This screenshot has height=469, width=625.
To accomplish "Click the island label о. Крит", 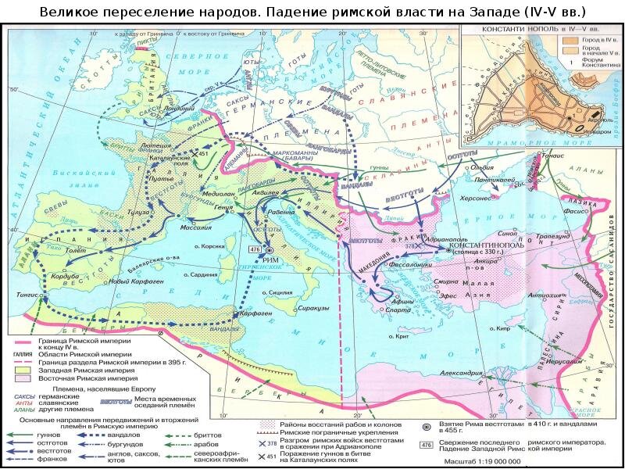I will tap(402, 336).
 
